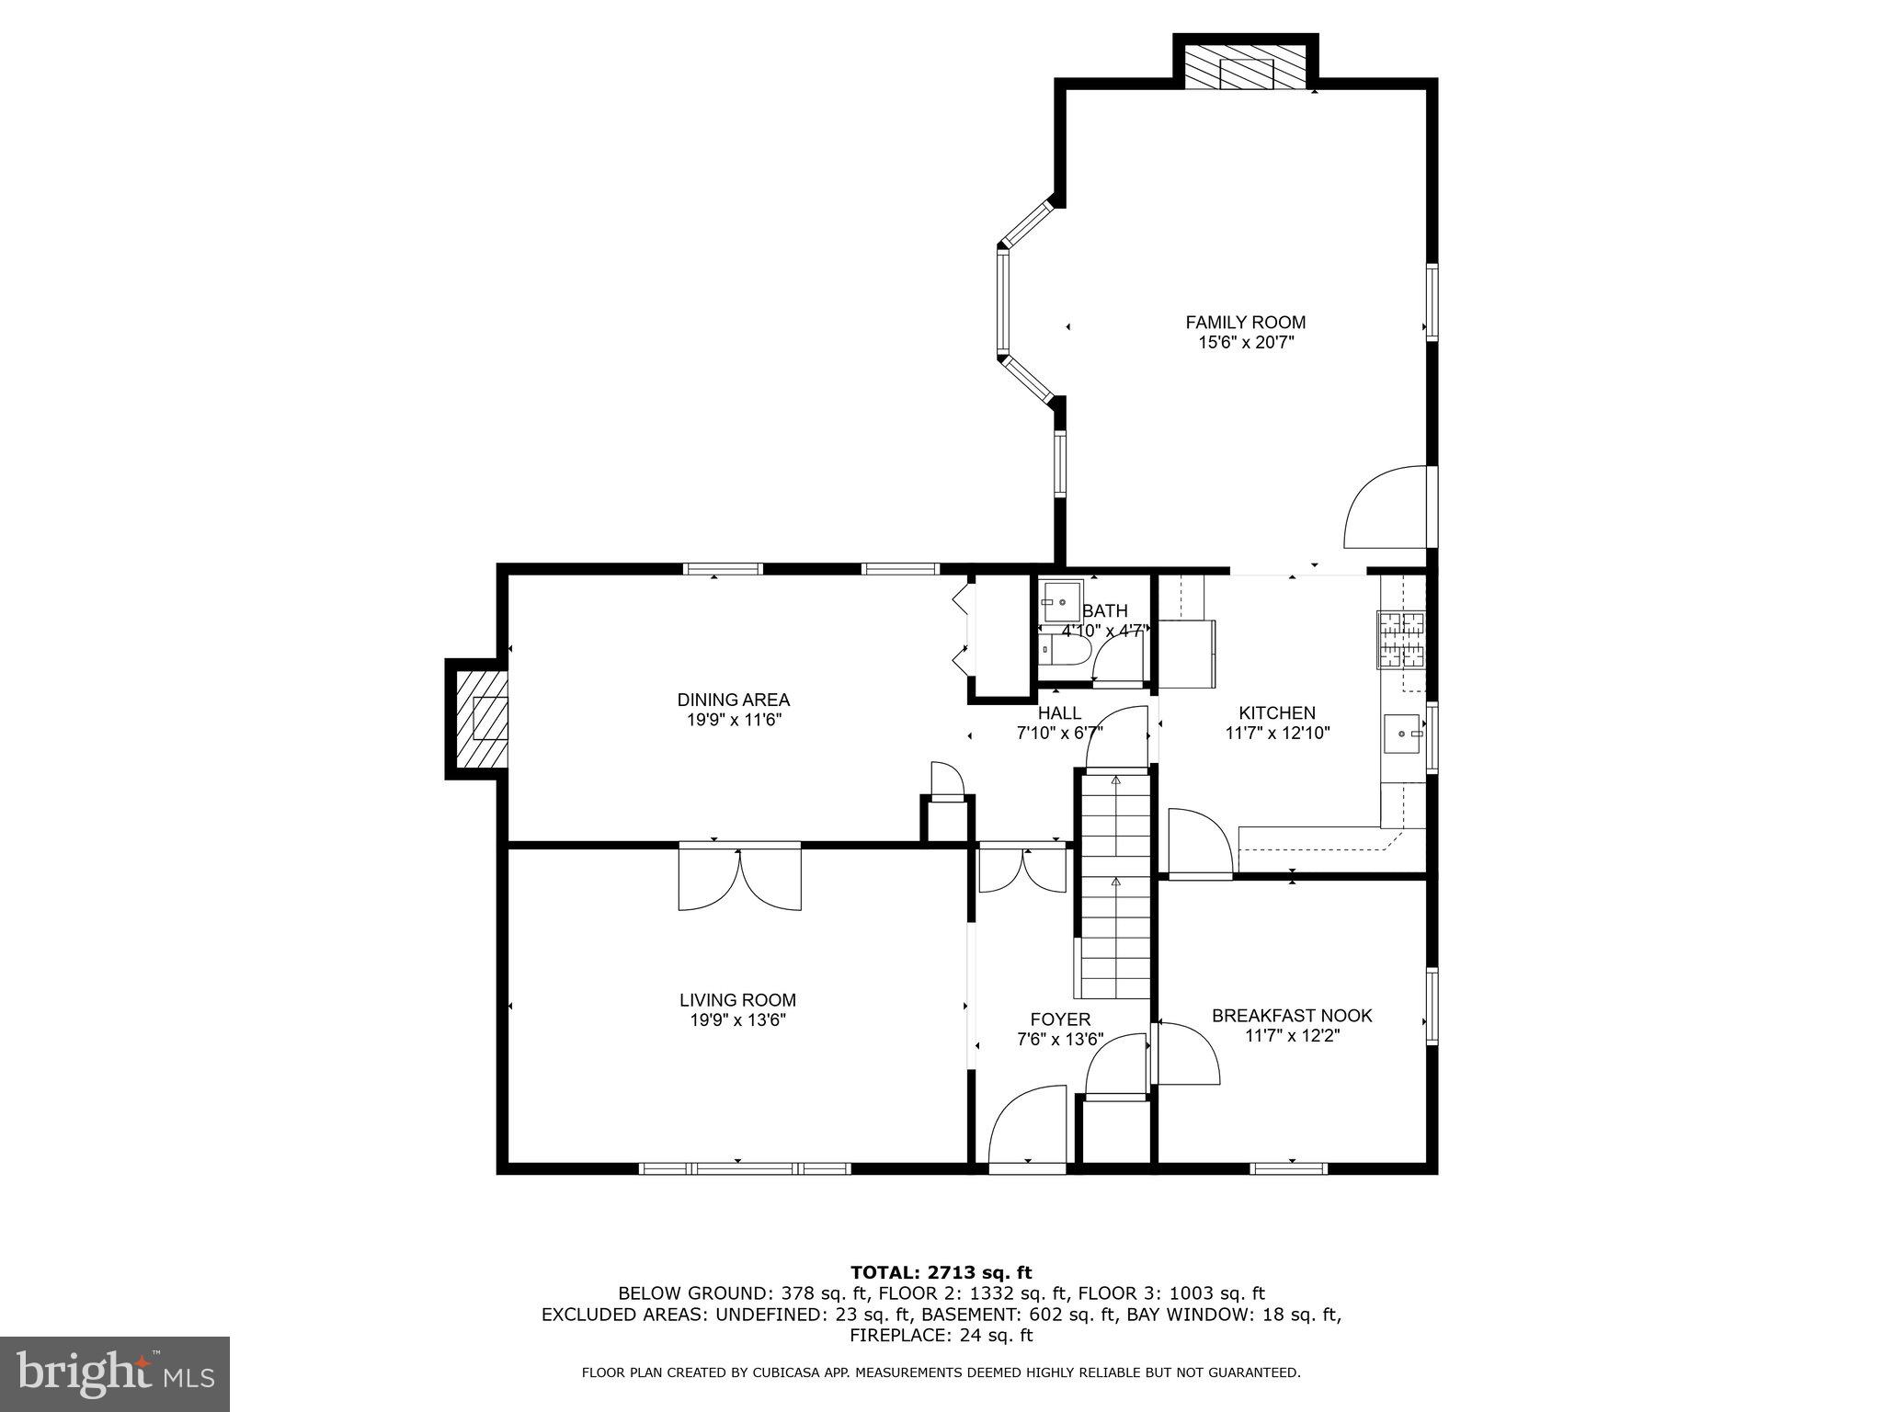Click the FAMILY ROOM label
pyautogui.click(x=1245, y=323)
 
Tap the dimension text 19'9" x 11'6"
pyautogui.click(x=733, y=721)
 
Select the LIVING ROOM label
pyautogui.click(x=737, y=1000)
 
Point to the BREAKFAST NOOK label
pyautogui.click(x=1291, y=1016)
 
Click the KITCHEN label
pyautogui.click(x=1276, y=713)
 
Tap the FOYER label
pyautogui.click(x=1060, y=1019)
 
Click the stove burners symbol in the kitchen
pyautogui.click(x=1399, y=640)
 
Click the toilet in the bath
pyautogui.click(x=1067, y=652)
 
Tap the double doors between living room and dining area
pyautogui.click(x=739, y=879)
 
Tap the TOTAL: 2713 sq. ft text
pyautogui.click(x=941, y=1273)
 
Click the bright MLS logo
pyautogui.click(x=115, y=1374)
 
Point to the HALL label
pyautogui.click(x=1059, y=713)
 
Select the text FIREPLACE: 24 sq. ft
pyautogui.click(x=941, y=1336)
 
